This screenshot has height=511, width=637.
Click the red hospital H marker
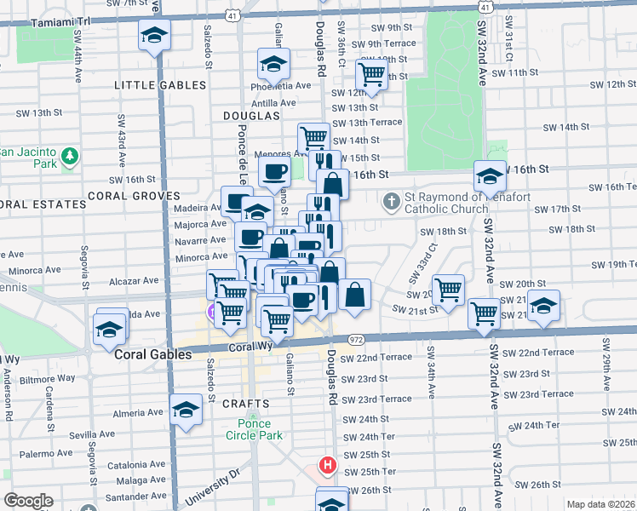coord(327,466)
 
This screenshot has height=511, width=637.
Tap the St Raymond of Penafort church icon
coord(391,202)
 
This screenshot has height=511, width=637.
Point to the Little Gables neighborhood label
coord(160,85)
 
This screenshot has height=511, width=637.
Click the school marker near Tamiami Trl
coord(154,35)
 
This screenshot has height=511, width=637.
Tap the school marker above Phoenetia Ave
coord(273,63)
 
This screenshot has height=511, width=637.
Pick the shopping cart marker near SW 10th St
coord(371,74)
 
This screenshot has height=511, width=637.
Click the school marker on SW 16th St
coord(490,175)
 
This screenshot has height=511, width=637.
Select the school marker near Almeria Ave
coord(186,410)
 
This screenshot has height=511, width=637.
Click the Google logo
coord(27,501)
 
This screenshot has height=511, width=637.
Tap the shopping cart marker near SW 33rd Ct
coord(448,289)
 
